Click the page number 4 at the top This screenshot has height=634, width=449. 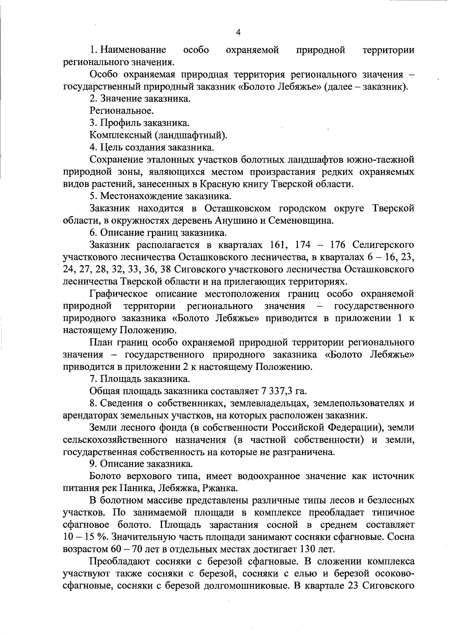[x=238, y=33]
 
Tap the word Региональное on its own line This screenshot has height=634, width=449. [x=122, y=111]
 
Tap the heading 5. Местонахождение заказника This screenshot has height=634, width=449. [x=161, y=196]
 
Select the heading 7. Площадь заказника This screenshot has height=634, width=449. [x=140, y=379]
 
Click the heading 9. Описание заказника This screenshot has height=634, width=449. [x=141, y=464]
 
